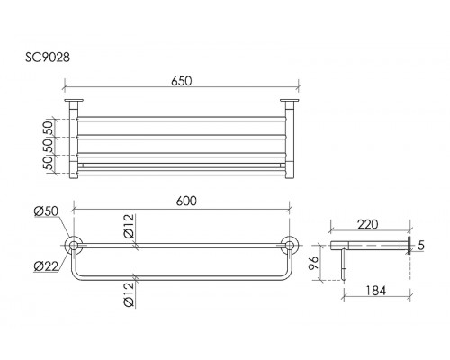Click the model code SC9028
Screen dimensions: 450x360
(x=48, y=58)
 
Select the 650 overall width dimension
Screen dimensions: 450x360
(x=181, y=81)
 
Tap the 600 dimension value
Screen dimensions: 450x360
(x=186, y=201)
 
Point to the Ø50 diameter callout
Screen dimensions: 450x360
(x=46, y=211)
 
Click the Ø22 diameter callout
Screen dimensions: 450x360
(x=46, y=266)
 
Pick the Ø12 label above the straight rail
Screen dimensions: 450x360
(x=129, y=226)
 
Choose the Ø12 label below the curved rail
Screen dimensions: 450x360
(x=129, y=294)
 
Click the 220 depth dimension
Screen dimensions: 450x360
(x=368, y=224)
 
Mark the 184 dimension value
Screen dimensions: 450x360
(x=376, y=291)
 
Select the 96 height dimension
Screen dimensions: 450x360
(x=314, y=263)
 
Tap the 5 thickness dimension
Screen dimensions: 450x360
(x=421, y=246)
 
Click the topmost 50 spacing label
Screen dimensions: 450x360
(x=49, y=128)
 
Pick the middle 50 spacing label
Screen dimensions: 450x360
(x=49, y=146)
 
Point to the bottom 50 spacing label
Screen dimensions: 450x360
(x=49, y=163)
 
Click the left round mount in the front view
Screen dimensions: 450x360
(x=73, y=246)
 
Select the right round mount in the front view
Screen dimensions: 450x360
(x=290, y=246)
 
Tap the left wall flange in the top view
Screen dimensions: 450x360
(x=74, y=100)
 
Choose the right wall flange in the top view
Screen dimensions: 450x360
(x=290, y=100)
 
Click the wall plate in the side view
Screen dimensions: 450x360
(x=409, y=246)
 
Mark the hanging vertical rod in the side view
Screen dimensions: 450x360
(x=344, y=265)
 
